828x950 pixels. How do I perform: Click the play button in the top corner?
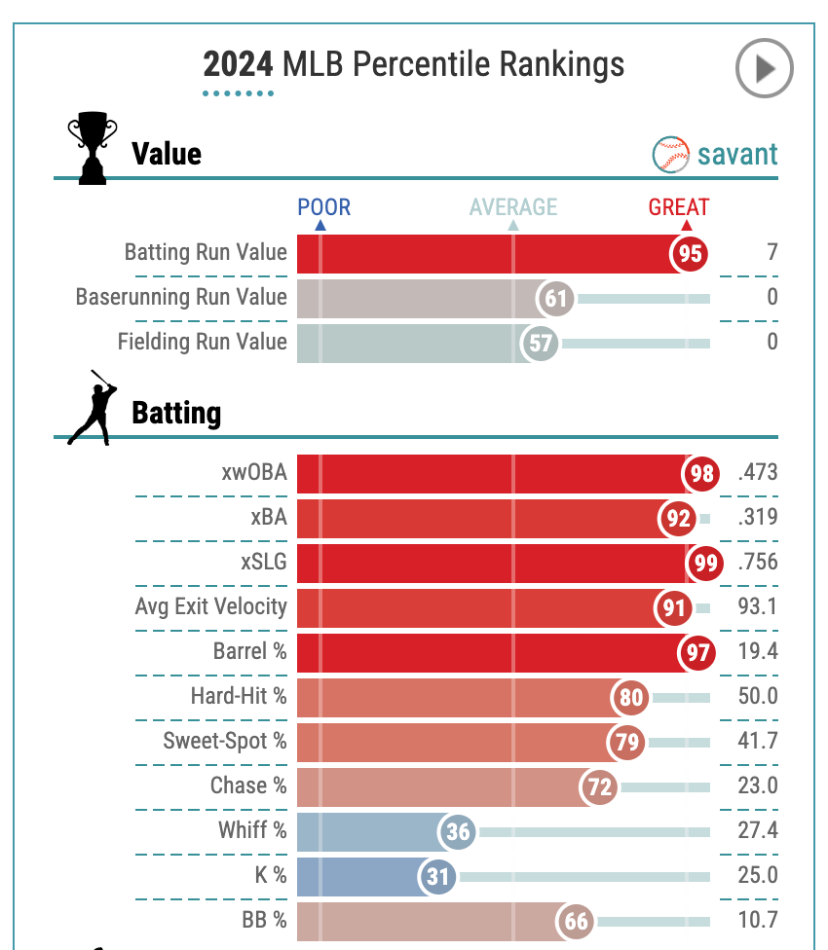point(764,68)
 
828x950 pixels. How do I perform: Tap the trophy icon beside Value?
point(92,148)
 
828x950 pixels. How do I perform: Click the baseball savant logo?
point(715,154)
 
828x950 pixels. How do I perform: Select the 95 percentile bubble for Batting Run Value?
point(691,253)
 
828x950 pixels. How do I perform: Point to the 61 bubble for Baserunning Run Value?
point(556,298)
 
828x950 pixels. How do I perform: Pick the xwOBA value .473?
point(758,473)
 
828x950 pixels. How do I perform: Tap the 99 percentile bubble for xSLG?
point(704,563)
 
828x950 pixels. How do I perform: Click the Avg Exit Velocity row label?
point(210,606)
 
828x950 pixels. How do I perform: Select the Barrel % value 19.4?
point(759,651)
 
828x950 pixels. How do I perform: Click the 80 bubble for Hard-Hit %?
point(631,697)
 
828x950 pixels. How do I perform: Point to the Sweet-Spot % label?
point(225,741)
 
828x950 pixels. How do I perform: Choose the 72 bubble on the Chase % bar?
point(600,786)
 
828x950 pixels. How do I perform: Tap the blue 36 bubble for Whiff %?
point(458,831)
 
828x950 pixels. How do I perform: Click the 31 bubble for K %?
point(438,876)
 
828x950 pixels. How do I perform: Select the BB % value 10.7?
point(759,920)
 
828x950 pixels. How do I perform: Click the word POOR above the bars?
point(323,206)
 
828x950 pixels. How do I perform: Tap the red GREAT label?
point(679,206)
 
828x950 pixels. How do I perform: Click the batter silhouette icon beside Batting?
point(93,408)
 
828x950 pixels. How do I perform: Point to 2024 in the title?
point(238,64)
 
